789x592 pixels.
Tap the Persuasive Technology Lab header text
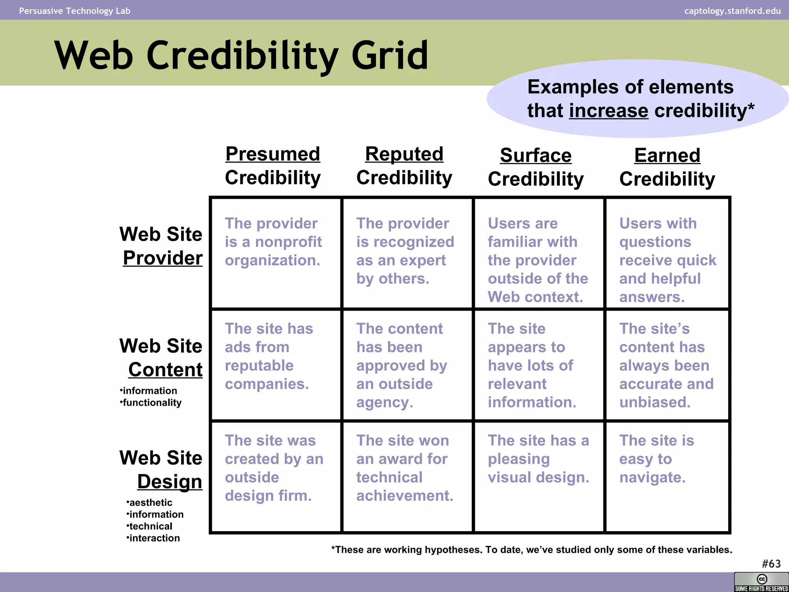click(75, 11)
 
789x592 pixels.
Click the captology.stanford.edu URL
click(732, 11)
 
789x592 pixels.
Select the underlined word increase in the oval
click(608, 111)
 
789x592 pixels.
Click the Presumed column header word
click(273, 154)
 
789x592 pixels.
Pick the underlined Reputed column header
click(404, 154)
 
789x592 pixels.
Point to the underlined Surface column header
click(536, 156)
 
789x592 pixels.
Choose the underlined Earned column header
click(667, 156)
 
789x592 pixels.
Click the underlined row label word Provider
click(163, 258)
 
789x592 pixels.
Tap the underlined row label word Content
click(165, 370)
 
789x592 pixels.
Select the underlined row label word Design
click(170, 481)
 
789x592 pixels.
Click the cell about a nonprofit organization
click(273, 242)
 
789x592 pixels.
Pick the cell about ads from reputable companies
click(269, 356)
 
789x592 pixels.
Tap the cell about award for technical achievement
click(404, 468)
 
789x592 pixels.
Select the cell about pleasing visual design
click(538, 459)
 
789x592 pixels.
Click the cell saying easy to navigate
click(656, 459)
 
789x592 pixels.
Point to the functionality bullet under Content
click(152, 403)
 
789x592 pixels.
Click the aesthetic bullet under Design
click(151, 503)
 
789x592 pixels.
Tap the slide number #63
click(771, 564)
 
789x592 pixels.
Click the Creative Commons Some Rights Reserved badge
click(761, 582)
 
